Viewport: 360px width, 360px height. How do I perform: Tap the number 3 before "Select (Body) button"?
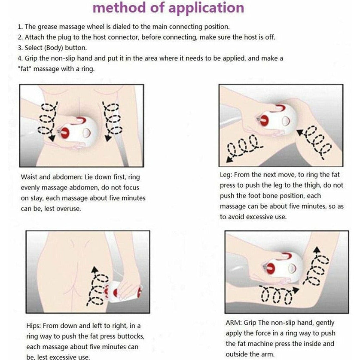click(x=20, y=48)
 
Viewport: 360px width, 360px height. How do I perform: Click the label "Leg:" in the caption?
click(x=226, y=175)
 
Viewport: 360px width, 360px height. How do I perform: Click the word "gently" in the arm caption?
click(x=324, y=323)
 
